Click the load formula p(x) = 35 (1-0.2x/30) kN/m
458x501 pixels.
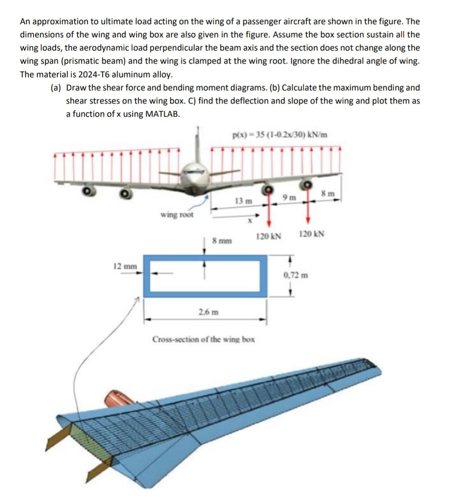[x=280, y=135]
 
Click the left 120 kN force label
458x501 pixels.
[x=268, y=236]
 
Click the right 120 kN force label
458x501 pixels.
[x=312, y=234]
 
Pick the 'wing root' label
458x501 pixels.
[x=177, y=215]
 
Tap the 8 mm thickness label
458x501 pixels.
[x=222, y=241]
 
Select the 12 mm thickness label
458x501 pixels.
[x=125, y=266]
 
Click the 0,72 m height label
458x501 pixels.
[x=296, y=275]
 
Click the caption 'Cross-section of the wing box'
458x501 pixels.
[x=204, y=339]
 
